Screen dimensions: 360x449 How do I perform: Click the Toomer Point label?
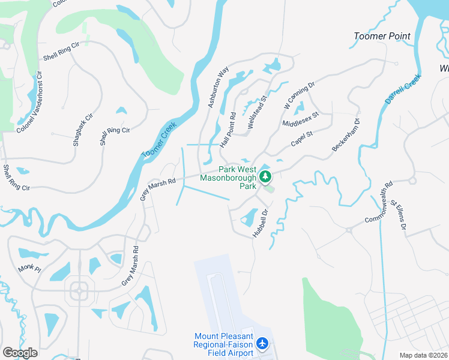point(382,36)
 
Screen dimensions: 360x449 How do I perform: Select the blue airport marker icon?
point(262,344)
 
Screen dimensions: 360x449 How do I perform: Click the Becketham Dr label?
point(346,135)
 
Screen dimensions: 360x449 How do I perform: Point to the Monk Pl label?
point(29,268)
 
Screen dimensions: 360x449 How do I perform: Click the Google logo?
point(20,353)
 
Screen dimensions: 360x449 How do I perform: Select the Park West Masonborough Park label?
point(237,178)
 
